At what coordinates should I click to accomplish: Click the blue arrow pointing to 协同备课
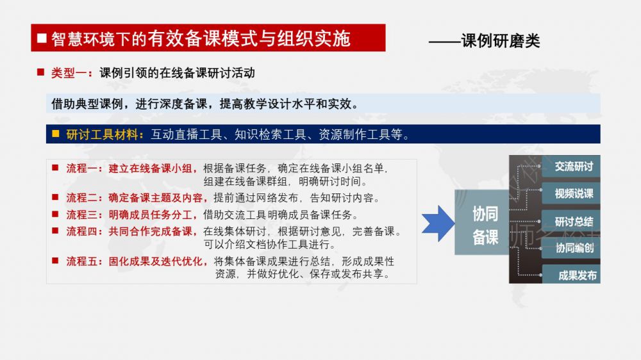(438, 224)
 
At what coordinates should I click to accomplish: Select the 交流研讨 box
(570, 167)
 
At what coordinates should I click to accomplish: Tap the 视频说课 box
(570, 193)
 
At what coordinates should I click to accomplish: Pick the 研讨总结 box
(570, 221)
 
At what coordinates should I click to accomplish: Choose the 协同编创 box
(570, 248)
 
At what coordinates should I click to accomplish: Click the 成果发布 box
(570, 275)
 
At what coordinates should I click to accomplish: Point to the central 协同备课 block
(483, 222)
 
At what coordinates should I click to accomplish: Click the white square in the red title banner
(42, 38)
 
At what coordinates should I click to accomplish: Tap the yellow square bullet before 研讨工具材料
(56, 134)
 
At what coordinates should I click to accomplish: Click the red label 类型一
(69, 73)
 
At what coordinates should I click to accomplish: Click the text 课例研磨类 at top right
(501, 40)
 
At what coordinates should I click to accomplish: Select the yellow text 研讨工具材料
(102, 134)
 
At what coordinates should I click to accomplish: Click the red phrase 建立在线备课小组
(150, 168)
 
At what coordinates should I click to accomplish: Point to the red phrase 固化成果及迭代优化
(155, 261)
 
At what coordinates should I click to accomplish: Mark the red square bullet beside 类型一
(40, 73)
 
